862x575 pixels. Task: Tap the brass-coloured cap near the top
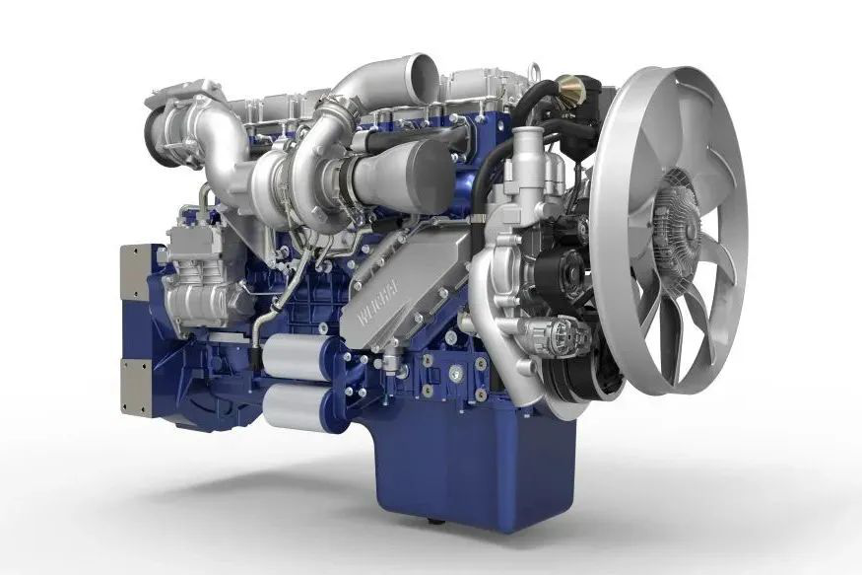[569, 91]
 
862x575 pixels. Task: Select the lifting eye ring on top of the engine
[534, 74]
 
